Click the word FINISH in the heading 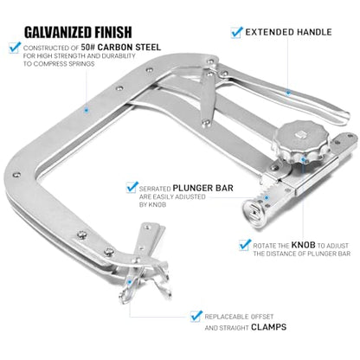[x=113, y=32]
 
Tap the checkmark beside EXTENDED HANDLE [x=236, y=32]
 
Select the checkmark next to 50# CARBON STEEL [x=15, y=48]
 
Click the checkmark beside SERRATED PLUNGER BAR [x=132, y=187]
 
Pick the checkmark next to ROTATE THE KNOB [x=245, y=245]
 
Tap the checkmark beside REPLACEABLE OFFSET [x=196, y=316]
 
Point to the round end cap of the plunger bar [x=253, y=212]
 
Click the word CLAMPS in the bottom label [x=268, y=327]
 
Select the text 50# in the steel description [x=88, y=47]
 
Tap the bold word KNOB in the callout [x=303, y=245]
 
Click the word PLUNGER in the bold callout [x=189, y=188]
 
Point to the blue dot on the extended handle [x=288, y=93]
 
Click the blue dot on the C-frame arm [x=86, y=110]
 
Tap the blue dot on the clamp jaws [x=130, y=282]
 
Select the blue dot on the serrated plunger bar [x=267, y=198]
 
